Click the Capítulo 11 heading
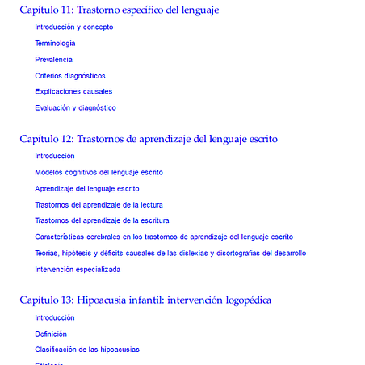click(x=119, y=10)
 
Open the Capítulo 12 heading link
click(x=145, y=139)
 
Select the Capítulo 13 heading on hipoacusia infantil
click(x=145, y=300)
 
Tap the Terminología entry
click(x=55, y=43)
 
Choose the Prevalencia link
click(x=53, y=59)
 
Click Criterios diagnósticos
click(x=69, y=75)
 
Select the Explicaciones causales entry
click(x=73, y=91)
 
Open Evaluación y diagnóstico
click(x=75, y=107)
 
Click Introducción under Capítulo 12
click(x=54, y=156)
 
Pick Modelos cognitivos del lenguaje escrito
click(x=99, y=172)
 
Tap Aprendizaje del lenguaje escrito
click(x=86, y=188)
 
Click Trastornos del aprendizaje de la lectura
click(x=99, y=204)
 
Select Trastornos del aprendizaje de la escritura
click(x=102, y=220)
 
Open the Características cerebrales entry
click(x=163, y=237)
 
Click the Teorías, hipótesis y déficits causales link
click(x=170, y=253)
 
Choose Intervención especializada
click(x=78, y=269)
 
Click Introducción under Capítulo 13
click(x=54, y=317)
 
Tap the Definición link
click(x=50, y=334)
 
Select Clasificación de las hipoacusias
click(x=86, y=350)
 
